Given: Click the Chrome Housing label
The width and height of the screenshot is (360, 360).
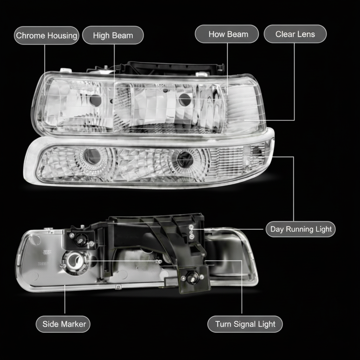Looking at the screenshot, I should point(46,36).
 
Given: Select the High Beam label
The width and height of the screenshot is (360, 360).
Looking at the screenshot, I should point(113,36).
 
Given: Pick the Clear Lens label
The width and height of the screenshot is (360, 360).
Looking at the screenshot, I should point(295,34).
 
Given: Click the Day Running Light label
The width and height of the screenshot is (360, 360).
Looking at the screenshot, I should point(301,229).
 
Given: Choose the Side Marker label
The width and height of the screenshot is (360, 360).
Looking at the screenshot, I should point(64,324).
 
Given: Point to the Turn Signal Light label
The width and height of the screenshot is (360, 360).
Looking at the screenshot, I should point(245,324).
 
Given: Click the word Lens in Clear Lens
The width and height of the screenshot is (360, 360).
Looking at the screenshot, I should point(306,34).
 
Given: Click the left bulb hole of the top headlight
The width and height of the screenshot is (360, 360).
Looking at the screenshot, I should point(95,100).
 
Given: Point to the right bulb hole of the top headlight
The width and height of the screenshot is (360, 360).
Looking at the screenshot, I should point(185,99).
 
